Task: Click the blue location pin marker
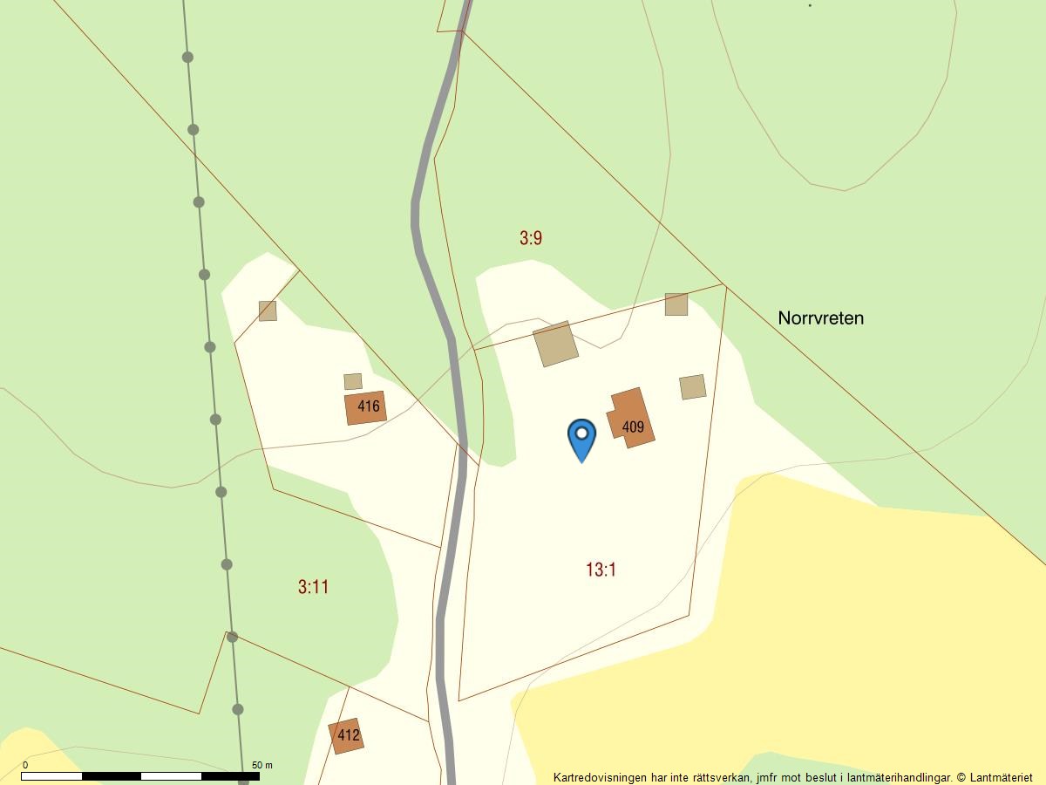click(581, 437)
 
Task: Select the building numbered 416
click(365, 407)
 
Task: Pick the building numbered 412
click(346, 735)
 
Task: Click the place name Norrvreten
click(820, 318)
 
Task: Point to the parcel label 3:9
click(531, 238)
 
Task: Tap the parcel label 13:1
click(601, 570)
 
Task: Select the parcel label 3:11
click(313, 587)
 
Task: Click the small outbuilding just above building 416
click(353, 381)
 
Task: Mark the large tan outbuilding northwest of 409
click(555, 344)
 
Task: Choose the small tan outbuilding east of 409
click(692, 387)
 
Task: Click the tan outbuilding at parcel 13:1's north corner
click(676, 304)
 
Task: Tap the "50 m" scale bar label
click(262, 765)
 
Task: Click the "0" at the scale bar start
click(24, 765)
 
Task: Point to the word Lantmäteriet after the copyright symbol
click(1001, 777)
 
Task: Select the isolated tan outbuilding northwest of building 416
click(268, 311)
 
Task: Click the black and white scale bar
click(139, 775)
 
